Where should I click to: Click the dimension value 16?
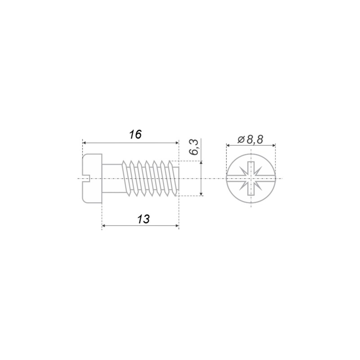click(135, 135)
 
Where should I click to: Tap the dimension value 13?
click(144, 219)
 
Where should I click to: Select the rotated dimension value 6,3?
click(194, 148)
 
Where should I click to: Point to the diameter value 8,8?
click(255, 139)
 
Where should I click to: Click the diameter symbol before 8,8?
click(241, 139)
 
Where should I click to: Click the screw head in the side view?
click(92, 178)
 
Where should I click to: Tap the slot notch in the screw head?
click(86, 178)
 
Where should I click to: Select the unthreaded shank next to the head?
click(112, 178)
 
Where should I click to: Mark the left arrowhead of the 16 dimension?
click(84, 143)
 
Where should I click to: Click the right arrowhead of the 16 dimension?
click(177, 143)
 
